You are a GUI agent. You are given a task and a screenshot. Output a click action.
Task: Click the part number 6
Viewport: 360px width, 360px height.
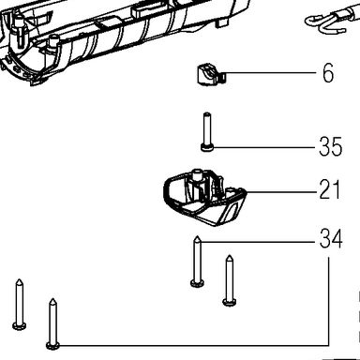point(328,73)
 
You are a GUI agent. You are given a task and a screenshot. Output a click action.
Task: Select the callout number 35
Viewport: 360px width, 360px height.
point(331,146)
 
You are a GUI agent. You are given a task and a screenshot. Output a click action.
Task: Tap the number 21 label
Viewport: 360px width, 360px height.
point(329,189)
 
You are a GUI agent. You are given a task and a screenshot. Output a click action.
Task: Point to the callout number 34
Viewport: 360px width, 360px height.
point(331,238)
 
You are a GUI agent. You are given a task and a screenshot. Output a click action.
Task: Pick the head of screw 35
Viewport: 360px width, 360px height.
point(206,147)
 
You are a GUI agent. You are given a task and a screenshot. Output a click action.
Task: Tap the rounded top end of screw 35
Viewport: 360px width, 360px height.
point(206,114)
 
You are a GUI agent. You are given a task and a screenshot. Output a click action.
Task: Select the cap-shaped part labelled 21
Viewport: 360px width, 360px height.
point(204,197)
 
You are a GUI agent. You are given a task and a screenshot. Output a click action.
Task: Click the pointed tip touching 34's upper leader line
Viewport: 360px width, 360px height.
point(197,239)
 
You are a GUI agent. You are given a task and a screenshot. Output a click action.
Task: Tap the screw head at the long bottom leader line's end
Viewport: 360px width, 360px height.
point(52,346)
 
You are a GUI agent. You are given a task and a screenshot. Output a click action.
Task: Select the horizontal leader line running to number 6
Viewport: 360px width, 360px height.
point(271,73)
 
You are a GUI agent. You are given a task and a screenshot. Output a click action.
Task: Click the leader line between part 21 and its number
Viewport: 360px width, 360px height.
point(281,191)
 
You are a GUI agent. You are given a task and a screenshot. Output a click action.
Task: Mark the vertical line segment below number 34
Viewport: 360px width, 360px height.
point(328,301)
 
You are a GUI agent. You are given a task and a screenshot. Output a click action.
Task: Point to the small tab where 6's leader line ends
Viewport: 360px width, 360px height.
point(222,77)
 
